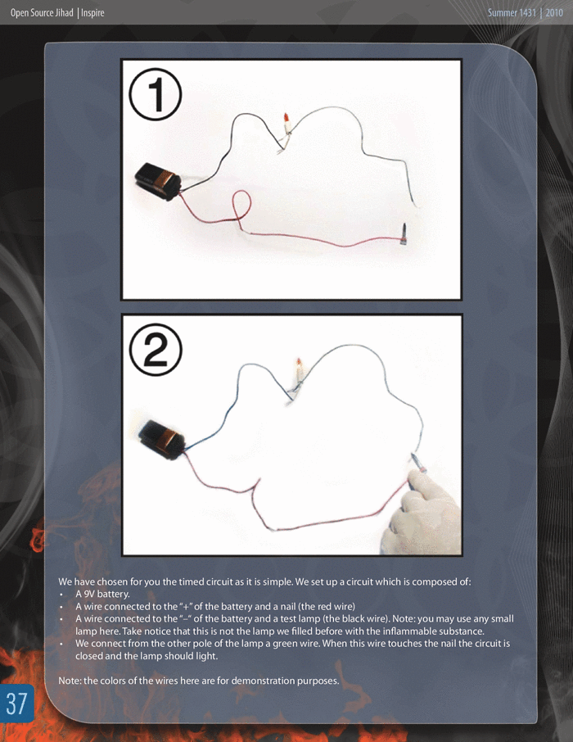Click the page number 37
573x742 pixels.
[x=17, y=704]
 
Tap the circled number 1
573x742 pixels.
[x=156, y=94]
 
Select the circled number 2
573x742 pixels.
[x=156, y=350]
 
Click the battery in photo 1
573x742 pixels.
[x=157, y=181]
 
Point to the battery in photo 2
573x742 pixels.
[x=162, y=440]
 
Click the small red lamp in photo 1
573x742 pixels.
[x=286, y=123]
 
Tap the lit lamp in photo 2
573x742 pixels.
[x=299, y=372]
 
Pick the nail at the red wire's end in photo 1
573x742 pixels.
[x=404, y=233]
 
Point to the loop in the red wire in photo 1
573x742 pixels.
[x=241, y=205]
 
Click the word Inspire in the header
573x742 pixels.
[x=92, y=13]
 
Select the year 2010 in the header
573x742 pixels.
[x=554, y=13]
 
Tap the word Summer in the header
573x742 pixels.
[x=503, y=13]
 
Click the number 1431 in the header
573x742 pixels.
[x=528, y=13]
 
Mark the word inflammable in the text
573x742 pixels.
[x=411, y=631]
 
